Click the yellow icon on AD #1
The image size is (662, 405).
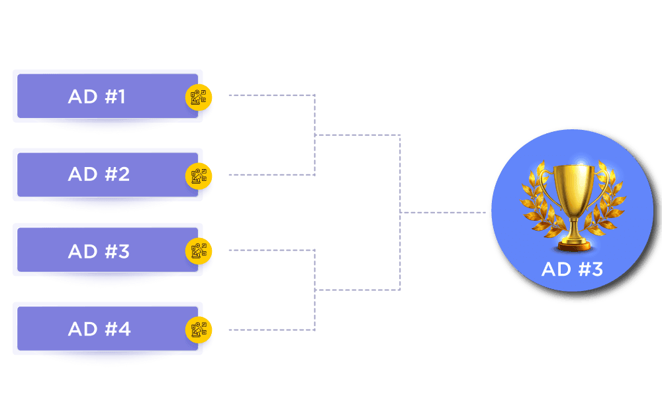199,98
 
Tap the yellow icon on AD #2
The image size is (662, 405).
199,176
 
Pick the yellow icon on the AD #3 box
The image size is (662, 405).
199,251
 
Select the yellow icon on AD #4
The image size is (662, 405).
199,329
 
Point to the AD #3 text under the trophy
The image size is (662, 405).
572,269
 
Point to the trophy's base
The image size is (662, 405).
573,245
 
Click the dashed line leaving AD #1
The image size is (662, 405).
271,95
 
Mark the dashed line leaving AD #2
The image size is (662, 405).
271,175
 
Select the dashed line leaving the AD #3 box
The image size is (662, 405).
271,251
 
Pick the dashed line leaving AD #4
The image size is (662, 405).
271,329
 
